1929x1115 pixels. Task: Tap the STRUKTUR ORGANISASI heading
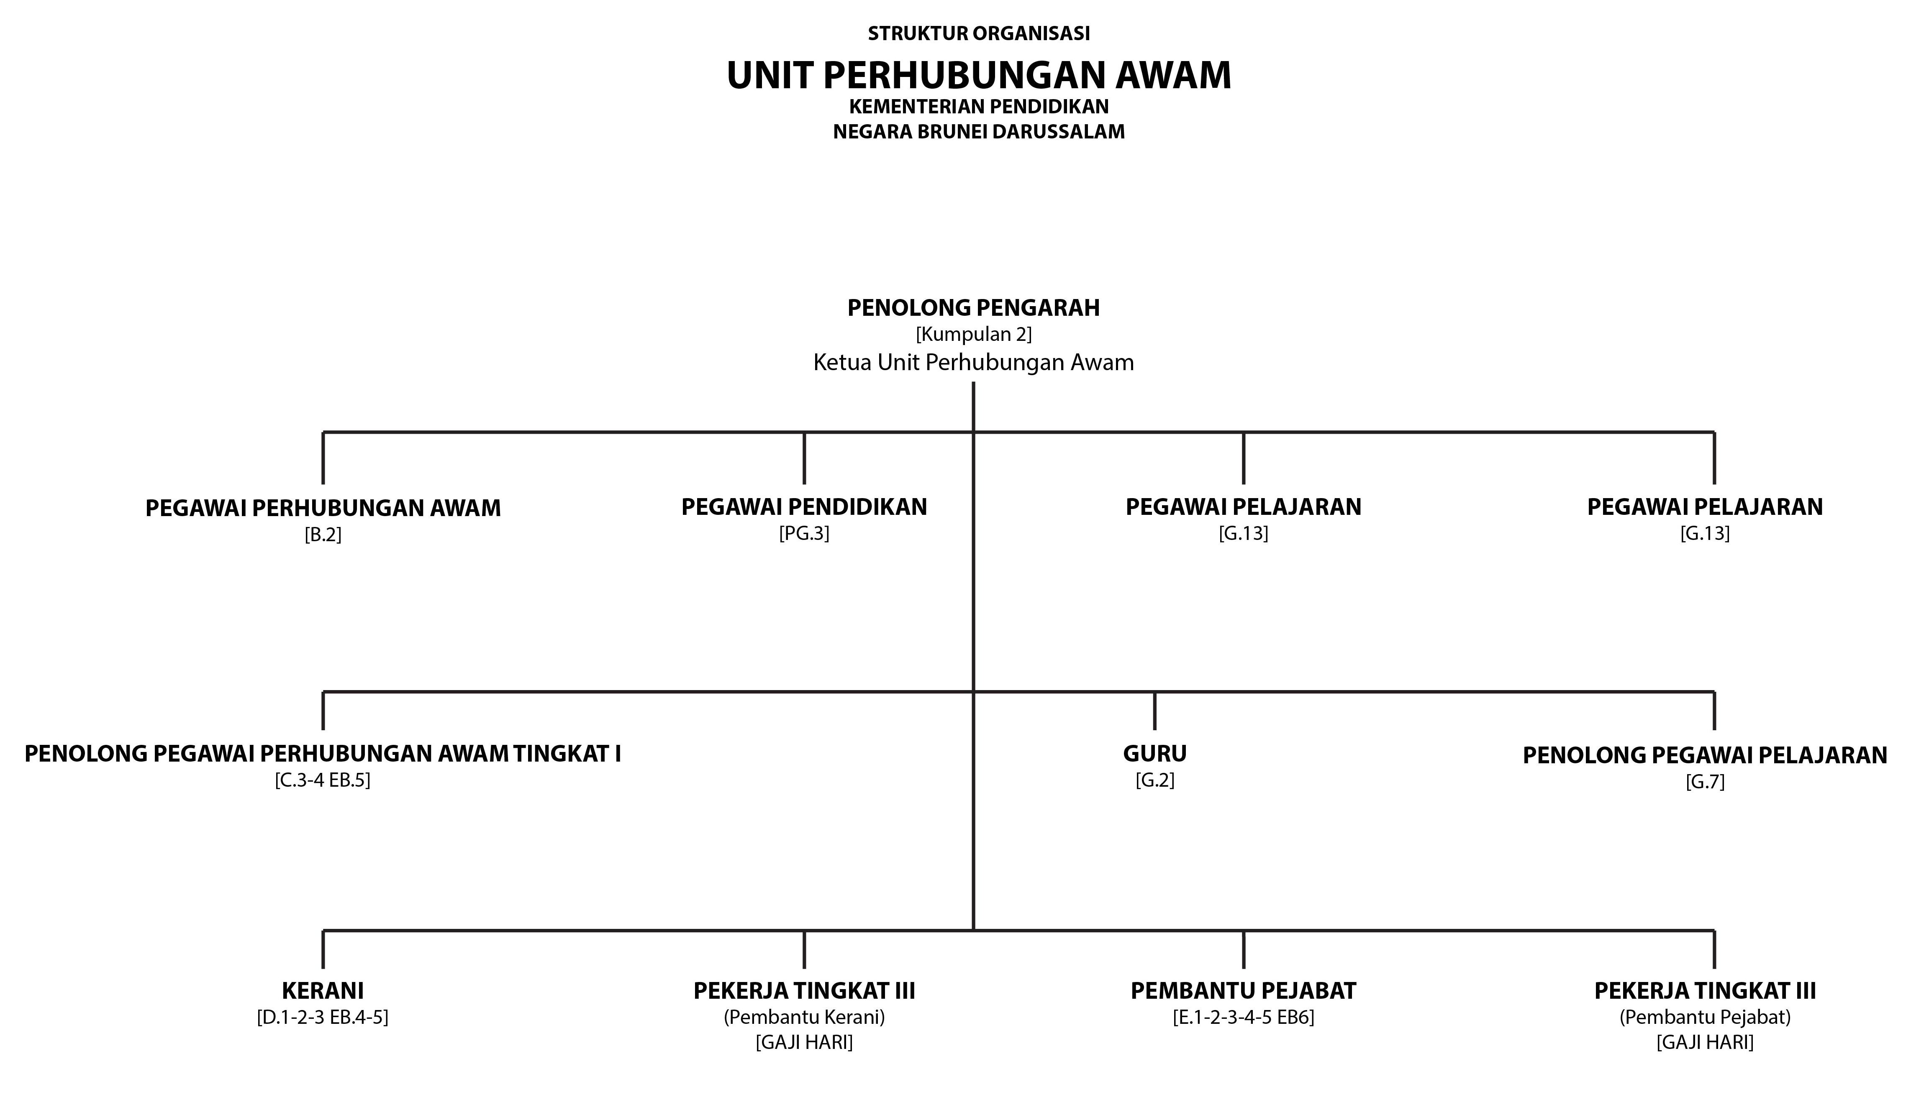(979, 34)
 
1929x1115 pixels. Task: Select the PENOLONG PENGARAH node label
(974, 308)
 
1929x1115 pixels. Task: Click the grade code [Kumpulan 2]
(974, 335)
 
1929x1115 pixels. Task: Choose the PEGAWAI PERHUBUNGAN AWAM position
(323, 508)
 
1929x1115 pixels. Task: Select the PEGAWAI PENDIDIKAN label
(805, 506)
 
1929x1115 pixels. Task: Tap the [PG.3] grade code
(805, 533)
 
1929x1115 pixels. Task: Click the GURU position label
(1155, 754)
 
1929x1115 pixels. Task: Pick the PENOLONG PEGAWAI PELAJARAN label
(1706, 755)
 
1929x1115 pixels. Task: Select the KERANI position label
(323, 991)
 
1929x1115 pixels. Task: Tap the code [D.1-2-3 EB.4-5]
(323, 1018)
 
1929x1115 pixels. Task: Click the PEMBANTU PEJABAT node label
(1244, 991)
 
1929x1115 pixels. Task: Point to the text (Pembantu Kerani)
(805, 1018)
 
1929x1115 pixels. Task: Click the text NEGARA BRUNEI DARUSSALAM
(979, 132)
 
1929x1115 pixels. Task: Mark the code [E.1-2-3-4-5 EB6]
(1244, 1018)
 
